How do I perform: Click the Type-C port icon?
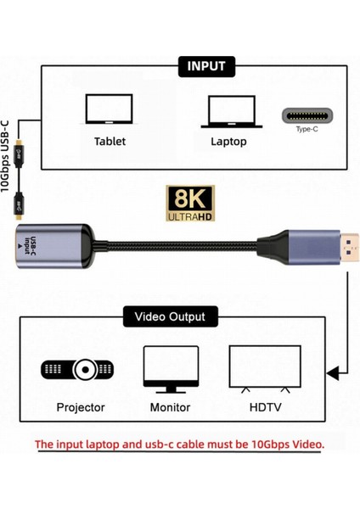tap(308, 116)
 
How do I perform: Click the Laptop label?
tap(230, 141)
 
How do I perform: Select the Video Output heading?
tap(170, 318)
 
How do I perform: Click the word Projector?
tap(81, 407)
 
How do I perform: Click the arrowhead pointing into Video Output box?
tap(338, 371)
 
